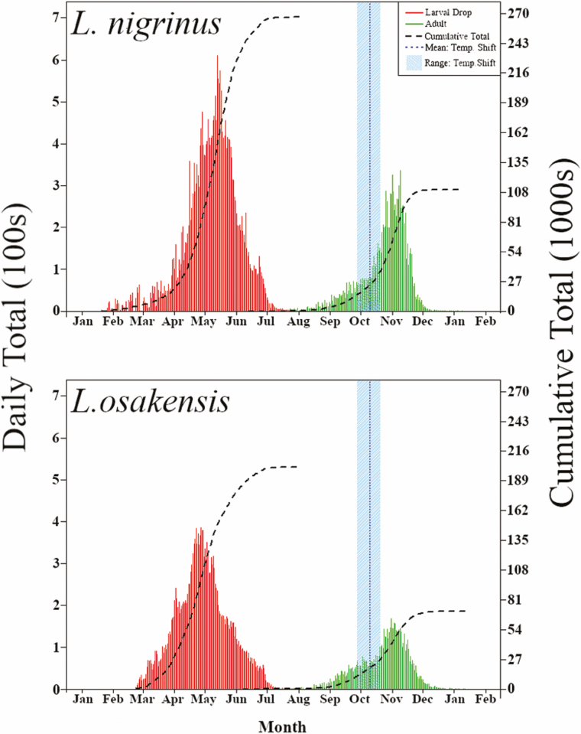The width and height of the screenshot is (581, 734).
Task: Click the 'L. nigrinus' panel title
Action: coord(146,25)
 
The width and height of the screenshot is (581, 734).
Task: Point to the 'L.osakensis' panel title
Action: coord(151,401)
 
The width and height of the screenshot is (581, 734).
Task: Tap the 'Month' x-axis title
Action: coord(282,724)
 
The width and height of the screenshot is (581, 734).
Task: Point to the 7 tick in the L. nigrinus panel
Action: coord(54,18)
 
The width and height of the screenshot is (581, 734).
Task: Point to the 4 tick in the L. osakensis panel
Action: coord(54,521)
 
